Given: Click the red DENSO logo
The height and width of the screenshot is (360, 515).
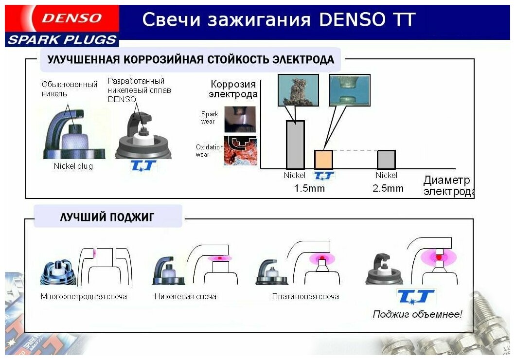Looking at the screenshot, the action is (x=71, y=18).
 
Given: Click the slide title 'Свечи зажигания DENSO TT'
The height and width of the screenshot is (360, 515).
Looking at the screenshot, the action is (x=279, y=20).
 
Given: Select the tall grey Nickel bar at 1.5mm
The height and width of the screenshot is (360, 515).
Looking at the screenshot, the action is (x=295, y=144).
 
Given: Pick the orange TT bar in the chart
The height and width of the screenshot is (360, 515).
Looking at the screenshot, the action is (x=323, y=160).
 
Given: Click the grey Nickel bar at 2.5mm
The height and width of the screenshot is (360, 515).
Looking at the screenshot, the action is (x=386, y=160).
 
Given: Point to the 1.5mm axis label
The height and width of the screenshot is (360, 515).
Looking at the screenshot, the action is (x=309, y=188).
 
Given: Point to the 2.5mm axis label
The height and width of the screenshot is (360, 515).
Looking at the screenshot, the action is (x=388, y=188).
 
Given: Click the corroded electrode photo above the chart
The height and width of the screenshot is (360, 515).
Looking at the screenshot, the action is (x=298, y=90).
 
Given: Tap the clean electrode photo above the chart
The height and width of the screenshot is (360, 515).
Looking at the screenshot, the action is (x=349, y=90).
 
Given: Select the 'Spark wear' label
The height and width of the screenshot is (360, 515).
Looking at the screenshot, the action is (x=210, y=118).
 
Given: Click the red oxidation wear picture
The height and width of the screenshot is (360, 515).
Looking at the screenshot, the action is (x=240, y=151).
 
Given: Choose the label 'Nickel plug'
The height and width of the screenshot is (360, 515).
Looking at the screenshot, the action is (x=73, y=166).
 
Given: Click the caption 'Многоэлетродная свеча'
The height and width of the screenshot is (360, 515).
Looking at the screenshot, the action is (x=84, y=296).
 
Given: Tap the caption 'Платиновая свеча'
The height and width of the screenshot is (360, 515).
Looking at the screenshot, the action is (x=305, y=296).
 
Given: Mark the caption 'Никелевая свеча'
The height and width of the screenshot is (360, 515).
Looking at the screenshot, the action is (x=185, y=296).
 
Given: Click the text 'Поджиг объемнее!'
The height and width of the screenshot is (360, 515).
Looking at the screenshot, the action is (x=417, y=314).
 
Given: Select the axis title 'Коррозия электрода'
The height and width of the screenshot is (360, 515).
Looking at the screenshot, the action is (x=233, y=89).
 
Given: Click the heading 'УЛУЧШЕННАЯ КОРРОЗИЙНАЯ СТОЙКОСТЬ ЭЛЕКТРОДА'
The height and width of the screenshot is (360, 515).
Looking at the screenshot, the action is (x=190, y=60).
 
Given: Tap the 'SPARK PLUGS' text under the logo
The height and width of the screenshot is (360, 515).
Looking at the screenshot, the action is (x=62, y=40).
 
